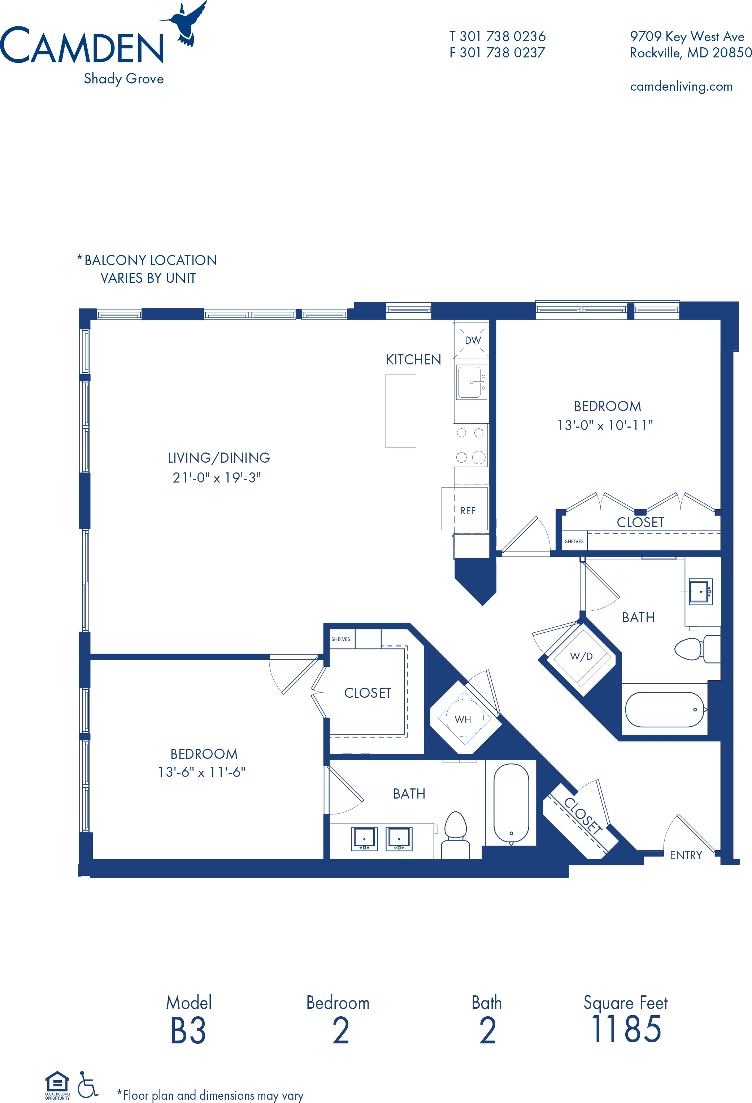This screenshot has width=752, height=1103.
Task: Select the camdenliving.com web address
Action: pos(681,86)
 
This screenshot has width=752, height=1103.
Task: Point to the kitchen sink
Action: pos(471,382)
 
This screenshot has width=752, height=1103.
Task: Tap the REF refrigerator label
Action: pos(468,511)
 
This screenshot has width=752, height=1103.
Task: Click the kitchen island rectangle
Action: pos(401,411)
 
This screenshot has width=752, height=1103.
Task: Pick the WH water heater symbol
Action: pos(463,719)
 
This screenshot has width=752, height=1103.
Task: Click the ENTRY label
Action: pos(686,855)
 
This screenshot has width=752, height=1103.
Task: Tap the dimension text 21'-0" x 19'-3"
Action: pos(217,477)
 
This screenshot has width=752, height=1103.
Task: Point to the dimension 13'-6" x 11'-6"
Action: pos(202,772)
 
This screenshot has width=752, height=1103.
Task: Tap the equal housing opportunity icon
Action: pos(57,1085)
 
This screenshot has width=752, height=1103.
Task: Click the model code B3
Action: pos(188,1031)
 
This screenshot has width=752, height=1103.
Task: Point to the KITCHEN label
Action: pos(413,359)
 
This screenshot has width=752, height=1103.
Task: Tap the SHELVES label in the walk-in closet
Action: pos(341,639)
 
